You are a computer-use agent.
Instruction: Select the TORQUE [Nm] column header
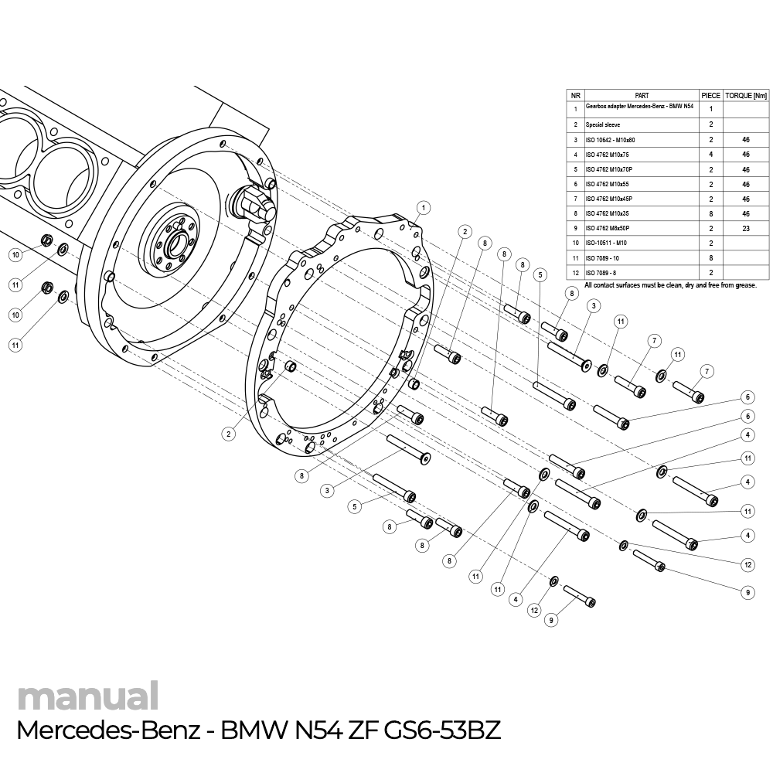[x=746, y=95]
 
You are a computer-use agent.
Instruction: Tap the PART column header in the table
[x=641, y=95]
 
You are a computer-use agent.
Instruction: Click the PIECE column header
[x=710, y=95]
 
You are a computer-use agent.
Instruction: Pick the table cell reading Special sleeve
[x=603, y=124]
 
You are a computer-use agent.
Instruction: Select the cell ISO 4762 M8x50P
[x=608, y=229]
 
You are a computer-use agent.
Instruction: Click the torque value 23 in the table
[x=746, y=229]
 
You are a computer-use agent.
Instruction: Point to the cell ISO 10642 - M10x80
[x=610, y=140]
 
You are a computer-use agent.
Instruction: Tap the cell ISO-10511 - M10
[x=606, y=243]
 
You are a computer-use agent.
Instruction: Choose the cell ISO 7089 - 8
[x=601, y=273]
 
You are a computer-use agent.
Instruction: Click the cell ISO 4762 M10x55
[x=608, y=184]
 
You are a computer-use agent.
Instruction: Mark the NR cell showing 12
[x=575, y=273]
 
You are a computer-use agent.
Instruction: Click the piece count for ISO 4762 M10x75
[x=710, y=155]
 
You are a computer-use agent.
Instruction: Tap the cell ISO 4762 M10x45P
[x=609, y=199]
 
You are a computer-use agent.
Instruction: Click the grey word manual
[x=87, y=696]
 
